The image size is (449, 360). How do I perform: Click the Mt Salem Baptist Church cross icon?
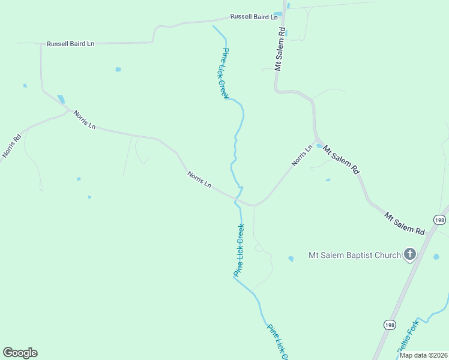pyautogui.click(x=410, y=255)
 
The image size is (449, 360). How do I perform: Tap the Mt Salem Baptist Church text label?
pyautogui.click(x=354, y=255)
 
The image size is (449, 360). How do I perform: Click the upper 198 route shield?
pyautogui.click(x=440, y=220)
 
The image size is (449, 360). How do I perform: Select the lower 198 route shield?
pyautogui.click(x=390, y=325)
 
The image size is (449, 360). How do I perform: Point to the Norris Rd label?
pyautogui.click(x=11, y=145)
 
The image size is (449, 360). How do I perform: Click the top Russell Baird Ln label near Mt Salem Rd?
pyautogui.click(x=254, y=17)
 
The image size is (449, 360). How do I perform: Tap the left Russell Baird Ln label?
pyautogui.click(x=71, y=44)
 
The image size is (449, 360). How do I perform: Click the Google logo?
pyautogui.click(x=20, y=353)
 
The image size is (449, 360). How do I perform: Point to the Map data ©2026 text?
pyautogui.click(x=423, y=355)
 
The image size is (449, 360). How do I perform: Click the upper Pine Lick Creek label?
pyautogui.click(x=225, y=74)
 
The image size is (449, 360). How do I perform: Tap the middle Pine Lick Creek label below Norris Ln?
pyautogui.click(x=239, y=250)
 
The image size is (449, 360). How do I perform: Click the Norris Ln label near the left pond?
pyautogui.click(x=85, y=119)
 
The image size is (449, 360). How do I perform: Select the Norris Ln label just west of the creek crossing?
pyautogui.click(x=199, y=179)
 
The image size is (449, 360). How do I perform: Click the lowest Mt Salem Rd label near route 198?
pyautogui.click(x=404, y=224)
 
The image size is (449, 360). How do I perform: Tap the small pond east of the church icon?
pyautogui.click(x=436, y=257)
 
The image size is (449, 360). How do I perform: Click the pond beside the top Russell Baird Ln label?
pyautogui.click(x=277, y=14)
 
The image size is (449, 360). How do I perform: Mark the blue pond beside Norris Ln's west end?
pyautogui.click(x=61, y=99)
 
